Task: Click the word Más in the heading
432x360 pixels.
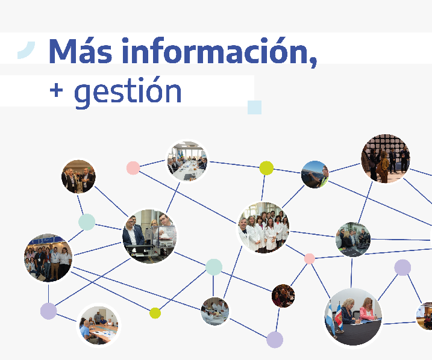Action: pyautogui.click(x=81, y=51)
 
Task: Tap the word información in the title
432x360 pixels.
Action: pyautogui.click(x=219, y=52)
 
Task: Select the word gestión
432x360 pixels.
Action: pyautogui.click(x=128, y=92)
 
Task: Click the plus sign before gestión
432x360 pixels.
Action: pyautogui.click(x=56, y=90)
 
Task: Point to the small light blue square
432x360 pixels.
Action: pyautogui.click(x=254, y=107)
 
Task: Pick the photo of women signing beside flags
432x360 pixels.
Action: pyautogui.click(x=353, y=317)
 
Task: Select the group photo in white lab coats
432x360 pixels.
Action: pyautogui.click(x=264, y=228)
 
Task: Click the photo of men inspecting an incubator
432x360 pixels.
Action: pyautogui.click(x=149, y=236)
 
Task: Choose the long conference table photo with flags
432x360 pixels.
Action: pyautogui.click(x=187, y=161)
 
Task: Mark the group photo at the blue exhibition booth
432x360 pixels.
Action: pyautogui.click(x=48, y=258)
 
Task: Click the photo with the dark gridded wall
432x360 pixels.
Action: pyautogui.click(x=385, y=158)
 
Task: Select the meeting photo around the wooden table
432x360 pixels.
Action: pyautogui.click(x=99, y=325)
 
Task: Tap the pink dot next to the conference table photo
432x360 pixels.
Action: pyautogui.click(x=133, y=168)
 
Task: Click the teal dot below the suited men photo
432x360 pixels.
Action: pyautogui.click(x=87, y=222)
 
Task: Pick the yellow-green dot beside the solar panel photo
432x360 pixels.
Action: pyautogui.click(x=266, y=168)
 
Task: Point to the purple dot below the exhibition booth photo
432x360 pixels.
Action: pyautogui.click(x=48, y=311)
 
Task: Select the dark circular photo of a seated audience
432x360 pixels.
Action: pyautogui.click(x=283, y=296)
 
